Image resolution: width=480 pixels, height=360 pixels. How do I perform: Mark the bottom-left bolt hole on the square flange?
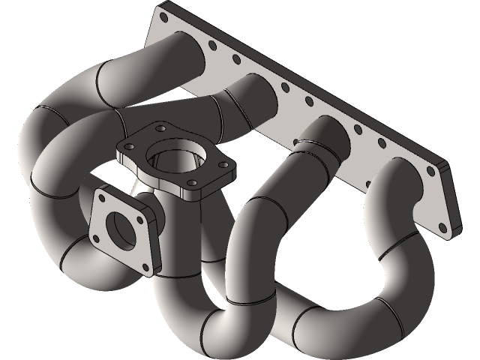98,238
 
